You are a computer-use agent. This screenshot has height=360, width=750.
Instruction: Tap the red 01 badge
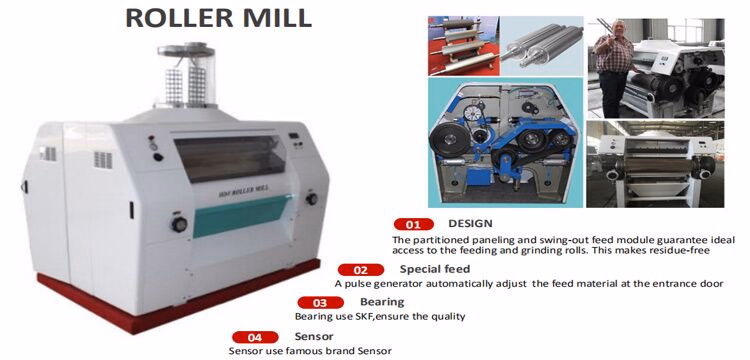pyautogui.click(x=413, y=224)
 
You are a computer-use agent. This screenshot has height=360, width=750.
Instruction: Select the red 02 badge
pyautogui.click(x=362, y=270)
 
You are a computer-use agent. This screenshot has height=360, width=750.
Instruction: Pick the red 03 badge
pyautogui.click(x=321, y=303)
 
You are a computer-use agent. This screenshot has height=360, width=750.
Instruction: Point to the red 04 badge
pyautogui.click(x=256, y=337)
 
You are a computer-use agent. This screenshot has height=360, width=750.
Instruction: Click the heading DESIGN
pyautogui.click(x=470, y=223)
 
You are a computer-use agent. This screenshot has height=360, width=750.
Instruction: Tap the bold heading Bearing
pyautogui.click(x=382, y=302)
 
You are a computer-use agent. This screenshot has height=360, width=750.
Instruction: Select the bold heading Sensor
pyautogui.click(x=314, y=336)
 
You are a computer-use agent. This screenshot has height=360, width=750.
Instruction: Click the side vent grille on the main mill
pyautogui.click(x=101, y=159)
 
